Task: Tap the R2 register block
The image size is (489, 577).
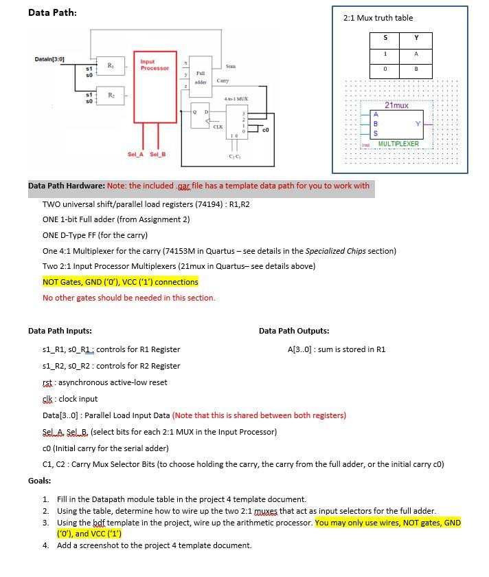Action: [x=111, y=97]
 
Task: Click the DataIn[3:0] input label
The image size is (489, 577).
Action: [x=49, y=59]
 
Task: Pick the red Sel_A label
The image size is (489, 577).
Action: [x=136, y=154]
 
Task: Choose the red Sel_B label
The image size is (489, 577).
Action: [x=158, y=154]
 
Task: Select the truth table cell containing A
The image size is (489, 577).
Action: [x=416, y=54]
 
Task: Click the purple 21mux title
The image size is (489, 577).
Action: [x=396, y=105]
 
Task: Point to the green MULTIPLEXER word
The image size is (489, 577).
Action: [x=398, y=144]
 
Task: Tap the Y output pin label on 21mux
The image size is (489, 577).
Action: [x=418, y=124]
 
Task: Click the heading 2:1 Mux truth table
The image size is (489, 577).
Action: [x=378, y=18]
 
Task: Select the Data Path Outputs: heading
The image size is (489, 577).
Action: [x=294, y=331]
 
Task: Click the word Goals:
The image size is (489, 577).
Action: [x=40, y=481]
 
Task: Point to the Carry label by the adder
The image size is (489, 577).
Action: [x=223, y=80]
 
